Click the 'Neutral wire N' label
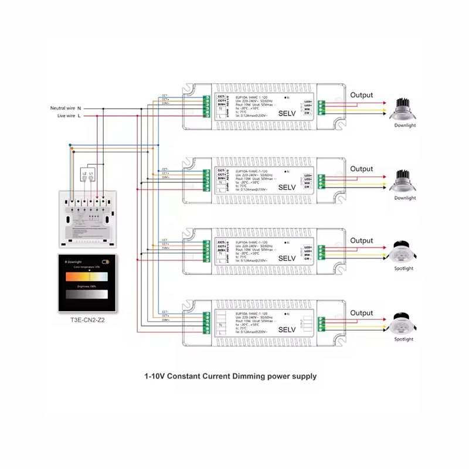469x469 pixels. click(x=66, y=108)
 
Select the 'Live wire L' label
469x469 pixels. click(x=69, y=116)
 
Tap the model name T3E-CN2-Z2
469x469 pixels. click(x=86, y=321)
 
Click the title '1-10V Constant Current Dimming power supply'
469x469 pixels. click(x=230, y=376)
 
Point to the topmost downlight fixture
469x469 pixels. click(x=405, y=107)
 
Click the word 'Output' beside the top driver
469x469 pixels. click(x=361, y=95)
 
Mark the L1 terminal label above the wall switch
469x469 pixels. click(x=91, y=174)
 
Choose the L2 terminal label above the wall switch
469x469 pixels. click(x=84, y=174)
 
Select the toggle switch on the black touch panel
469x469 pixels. click(x=105, y=261)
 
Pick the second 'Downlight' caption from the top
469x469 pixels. click(x=405, y=198)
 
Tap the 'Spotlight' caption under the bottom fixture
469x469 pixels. click(x=404, y=339)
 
